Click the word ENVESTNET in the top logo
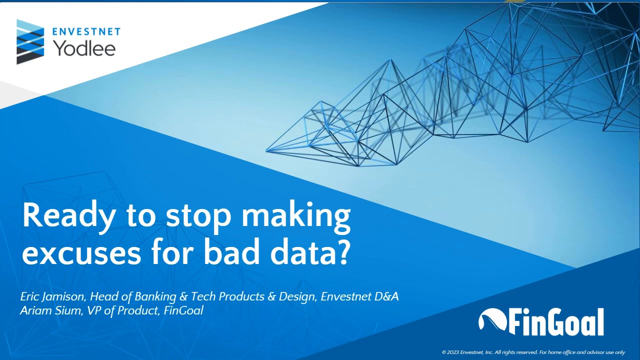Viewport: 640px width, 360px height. coord(86,32)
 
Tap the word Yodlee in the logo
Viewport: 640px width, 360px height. coord(84,48)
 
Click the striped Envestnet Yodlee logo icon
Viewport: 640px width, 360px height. coord(30,42)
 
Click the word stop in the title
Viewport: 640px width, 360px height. coord(198,216)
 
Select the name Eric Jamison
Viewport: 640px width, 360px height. coord(51,296)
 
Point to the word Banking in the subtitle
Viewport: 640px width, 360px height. coord(155,296)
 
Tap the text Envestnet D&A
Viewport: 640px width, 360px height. coord(359,296)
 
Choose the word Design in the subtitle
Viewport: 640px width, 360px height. coord(297,296)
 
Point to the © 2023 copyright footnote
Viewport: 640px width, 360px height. coord(533,352)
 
